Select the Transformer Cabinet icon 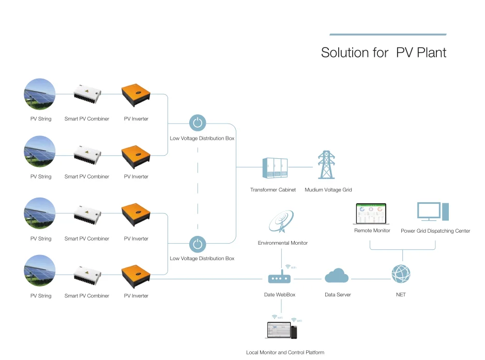(274, 168)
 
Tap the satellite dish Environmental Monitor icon (281, 220)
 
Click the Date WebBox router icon (279, 278)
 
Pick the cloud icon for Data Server (337, 276)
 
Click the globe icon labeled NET (401, 274)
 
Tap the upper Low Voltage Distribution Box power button (197, 123)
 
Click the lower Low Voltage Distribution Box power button (197, 243)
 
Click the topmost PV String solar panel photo (40, 94)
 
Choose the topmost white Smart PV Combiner (87, 94)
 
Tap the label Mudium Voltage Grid (328, 190)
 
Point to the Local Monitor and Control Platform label (285, 352)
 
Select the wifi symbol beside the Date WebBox (289, 267)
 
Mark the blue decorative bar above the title (388, 35)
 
